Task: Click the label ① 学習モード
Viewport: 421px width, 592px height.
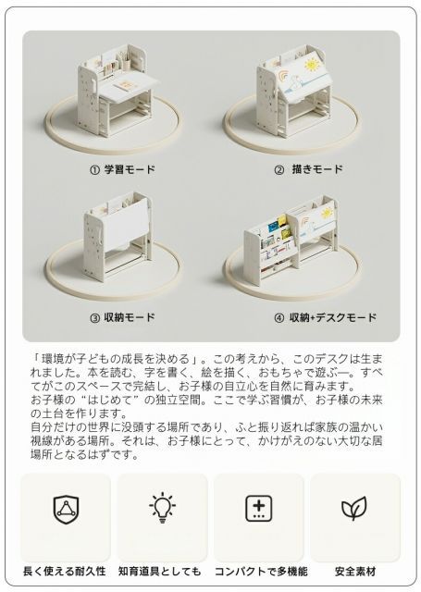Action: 122,170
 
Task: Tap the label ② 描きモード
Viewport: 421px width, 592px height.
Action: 308,170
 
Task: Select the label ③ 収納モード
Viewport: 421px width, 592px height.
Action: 122,317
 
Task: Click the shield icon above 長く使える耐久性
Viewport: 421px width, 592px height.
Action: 66,508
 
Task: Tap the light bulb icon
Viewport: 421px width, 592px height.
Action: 161,508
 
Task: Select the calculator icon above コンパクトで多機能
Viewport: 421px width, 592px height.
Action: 258,508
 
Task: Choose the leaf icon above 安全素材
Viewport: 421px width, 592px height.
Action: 353,508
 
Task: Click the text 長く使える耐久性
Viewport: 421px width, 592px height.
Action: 66,572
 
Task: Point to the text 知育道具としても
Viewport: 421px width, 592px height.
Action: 161,572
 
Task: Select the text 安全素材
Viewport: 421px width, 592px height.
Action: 353,572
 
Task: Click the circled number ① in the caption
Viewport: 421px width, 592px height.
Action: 94,170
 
